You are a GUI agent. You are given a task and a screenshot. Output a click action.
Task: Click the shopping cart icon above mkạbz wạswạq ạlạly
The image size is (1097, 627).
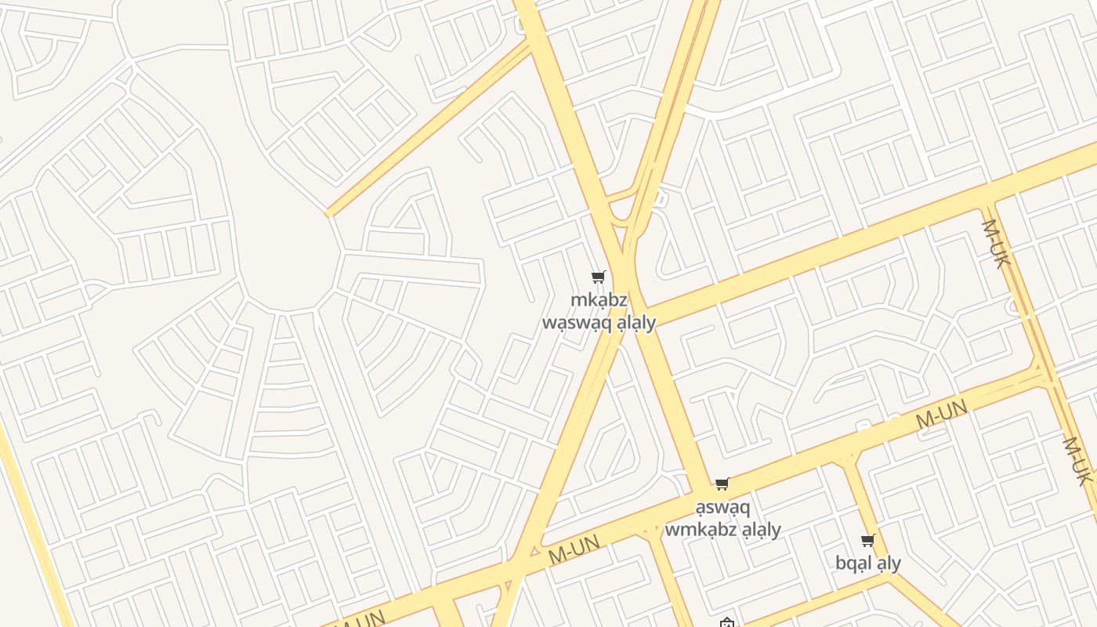point(599,277)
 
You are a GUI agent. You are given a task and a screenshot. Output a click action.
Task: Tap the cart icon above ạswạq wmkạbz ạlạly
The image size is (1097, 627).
point(722,484)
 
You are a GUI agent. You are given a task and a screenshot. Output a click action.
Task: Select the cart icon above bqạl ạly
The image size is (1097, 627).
point(867,540)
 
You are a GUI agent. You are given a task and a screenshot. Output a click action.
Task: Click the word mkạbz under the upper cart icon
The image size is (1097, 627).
point(599,300)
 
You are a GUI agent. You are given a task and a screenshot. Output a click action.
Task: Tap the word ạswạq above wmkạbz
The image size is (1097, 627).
point(722,507)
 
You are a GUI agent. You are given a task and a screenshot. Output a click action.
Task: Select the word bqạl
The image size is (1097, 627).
point(853,564)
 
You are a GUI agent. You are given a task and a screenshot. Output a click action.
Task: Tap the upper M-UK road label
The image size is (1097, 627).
point(993,244)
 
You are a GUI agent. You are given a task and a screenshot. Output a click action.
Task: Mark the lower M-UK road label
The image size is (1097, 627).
point(1077,461)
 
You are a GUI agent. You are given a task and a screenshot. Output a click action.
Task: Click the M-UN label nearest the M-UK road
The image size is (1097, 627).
point(941,414)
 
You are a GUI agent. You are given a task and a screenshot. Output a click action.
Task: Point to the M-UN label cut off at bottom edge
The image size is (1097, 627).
point(363,618)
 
